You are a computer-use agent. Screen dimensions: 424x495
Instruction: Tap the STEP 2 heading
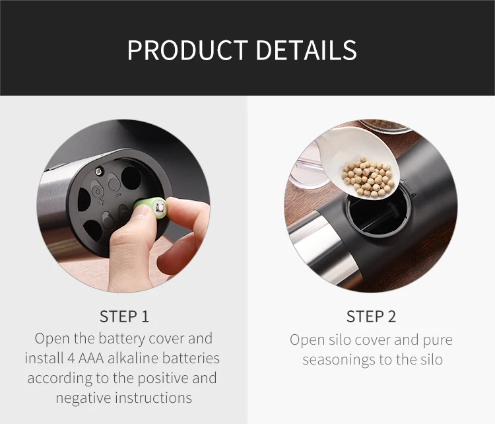click(371, 316)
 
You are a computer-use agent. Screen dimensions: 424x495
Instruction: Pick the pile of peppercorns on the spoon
click(368, 176)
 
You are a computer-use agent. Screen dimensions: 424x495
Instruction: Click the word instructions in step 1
click(153, 398)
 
